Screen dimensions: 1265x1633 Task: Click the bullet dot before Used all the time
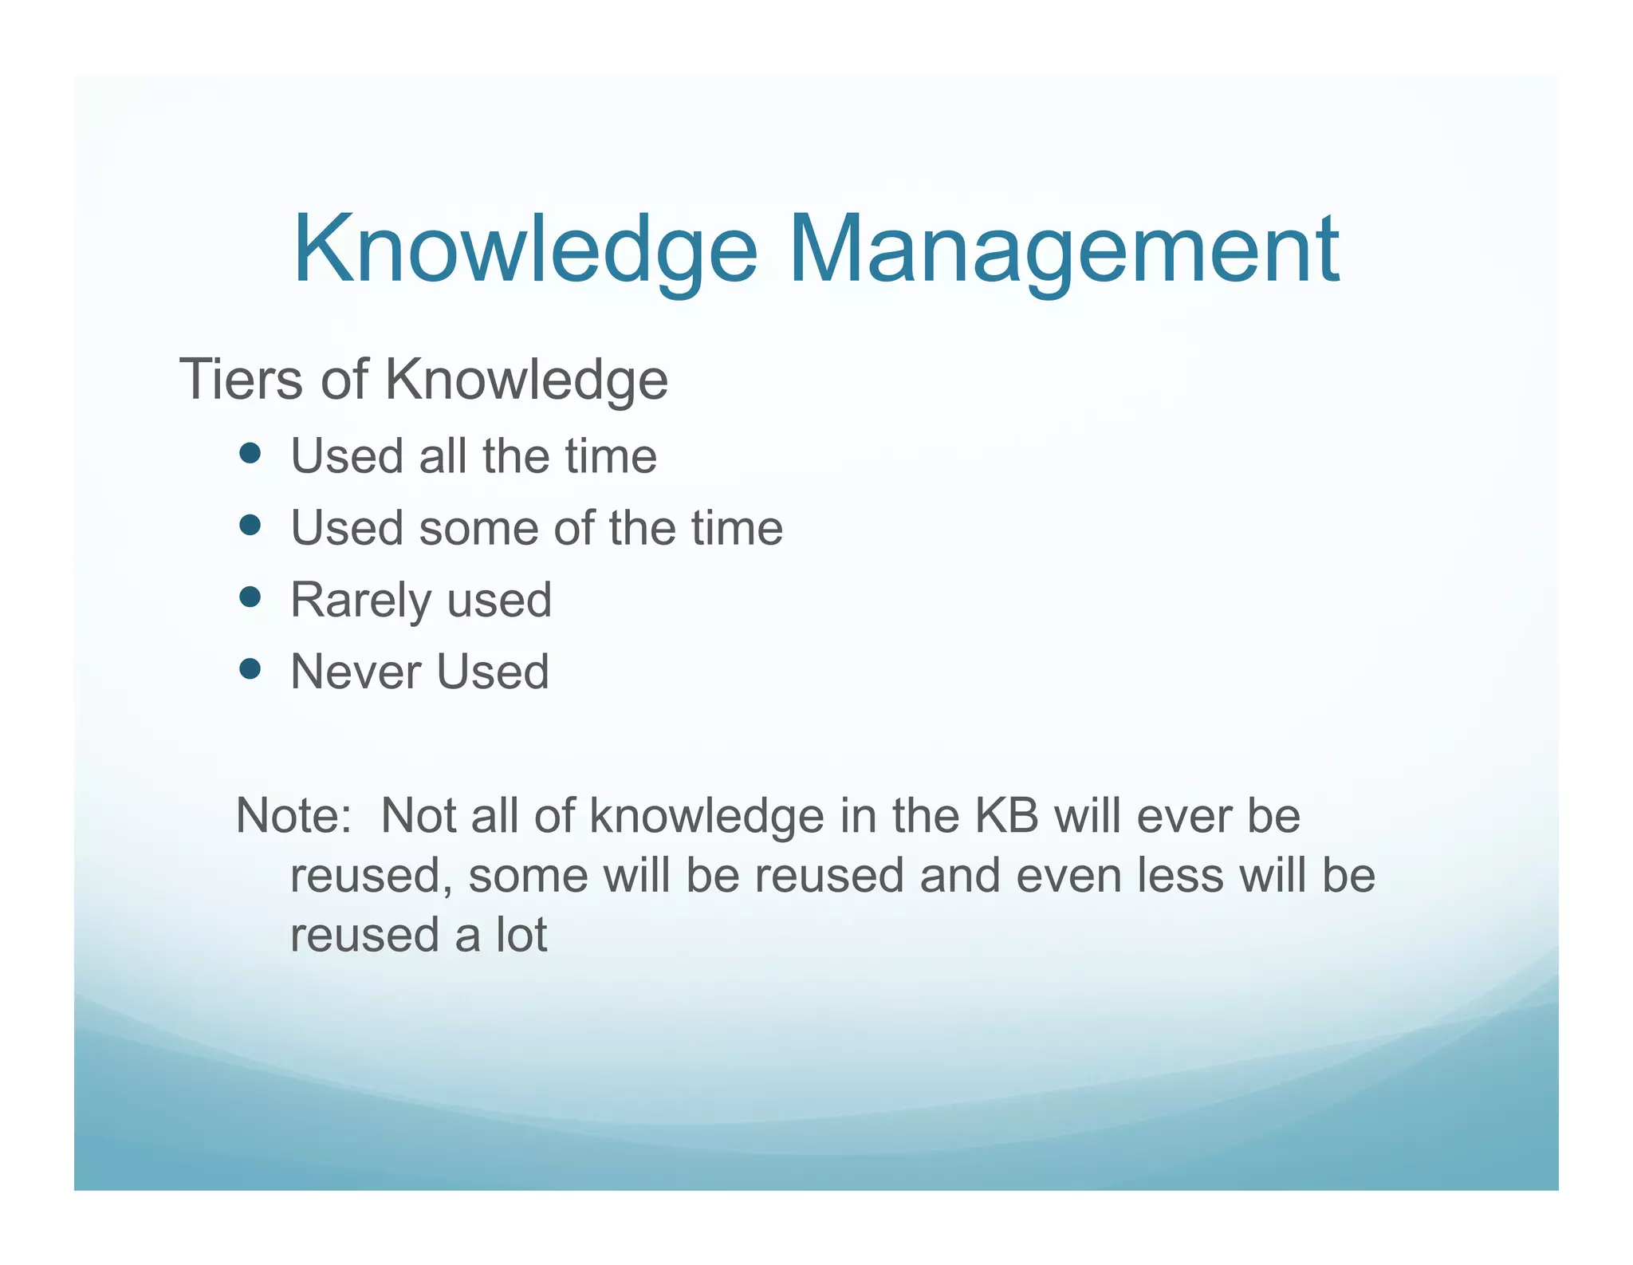pos(250,454)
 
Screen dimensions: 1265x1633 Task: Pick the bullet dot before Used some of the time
pos(250,526)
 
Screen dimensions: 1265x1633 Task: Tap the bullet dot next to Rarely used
pos(250,597)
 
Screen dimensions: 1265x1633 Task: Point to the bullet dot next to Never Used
pos(250,668)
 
